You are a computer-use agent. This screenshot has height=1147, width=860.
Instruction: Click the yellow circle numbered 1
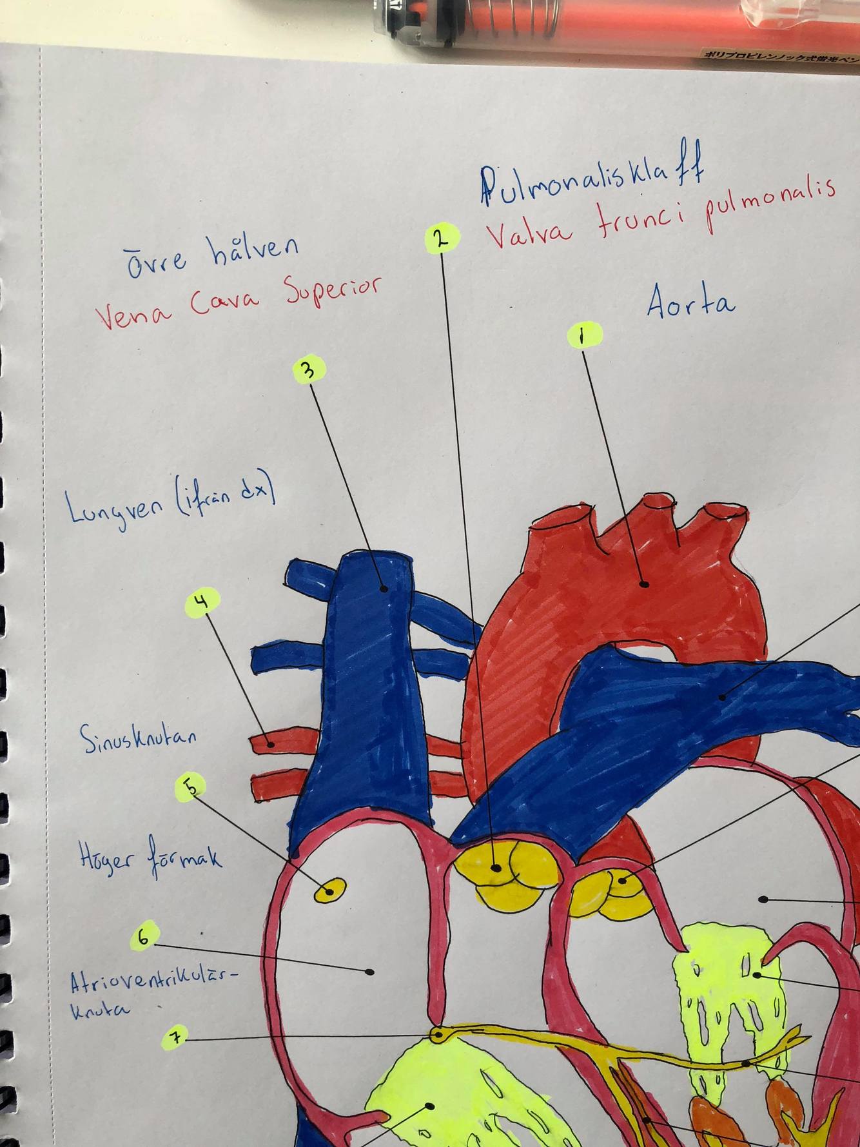[584, 335]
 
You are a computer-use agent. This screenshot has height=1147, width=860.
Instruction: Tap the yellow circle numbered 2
[442, 238]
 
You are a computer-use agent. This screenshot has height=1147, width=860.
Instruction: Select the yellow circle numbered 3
[309, 370]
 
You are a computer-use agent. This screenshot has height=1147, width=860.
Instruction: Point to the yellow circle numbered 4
[202, 603]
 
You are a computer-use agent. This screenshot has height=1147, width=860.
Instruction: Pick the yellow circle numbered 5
[191, 787]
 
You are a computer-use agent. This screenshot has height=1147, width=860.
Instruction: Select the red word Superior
[333, 292]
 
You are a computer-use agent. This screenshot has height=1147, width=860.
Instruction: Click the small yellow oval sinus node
[329, 891]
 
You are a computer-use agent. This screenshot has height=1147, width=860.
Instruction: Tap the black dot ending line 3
[384, 588]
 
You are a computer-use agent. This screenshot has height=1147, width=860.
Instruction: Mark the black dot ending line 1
[644, 584]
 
